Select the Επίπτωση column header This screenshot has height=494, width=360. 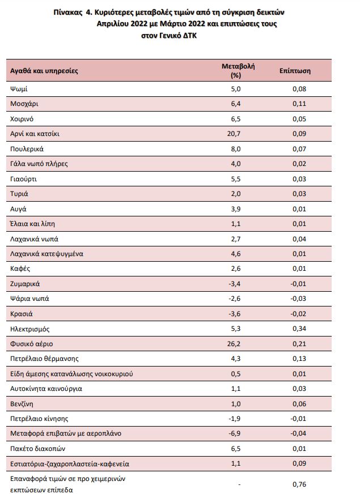(x=294, y=71)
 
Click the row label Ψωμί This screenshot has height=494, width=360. (x=20, y=90)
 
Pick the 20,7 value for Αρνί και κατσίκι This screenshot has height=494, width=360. (x=234, y=134)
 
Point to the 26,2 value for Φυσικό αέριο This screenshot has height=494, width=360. (x=234, y=344)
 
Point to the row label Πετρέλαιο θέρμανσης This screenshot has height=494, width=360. (x=44, y=359)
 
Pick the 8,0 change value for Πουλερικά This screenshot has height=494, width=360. (x=236, y=149)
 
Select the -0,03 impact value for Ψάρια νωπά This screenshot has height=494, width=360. (x=297, y=299)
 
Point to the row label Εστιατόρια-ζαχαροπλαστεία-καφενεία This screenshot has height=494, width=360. (x=70, y=464)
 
